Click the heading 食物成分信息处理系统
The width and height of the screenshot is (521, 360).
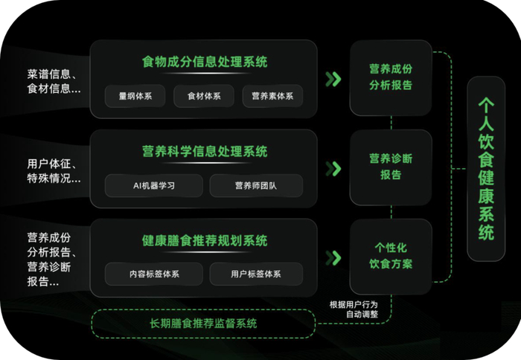coord(205,61)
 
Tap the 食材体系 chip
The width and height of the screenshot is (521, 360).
coord(200,96)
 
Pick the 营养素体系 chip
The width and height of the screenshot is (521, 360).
coord(272,96)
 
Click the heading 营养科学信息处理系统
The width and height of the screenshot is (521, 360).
coord(205,152)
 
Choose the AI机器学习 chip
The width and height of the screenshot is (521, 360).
coord(153,185)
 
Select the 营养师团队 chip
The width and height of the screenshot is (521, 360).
coord(256,185)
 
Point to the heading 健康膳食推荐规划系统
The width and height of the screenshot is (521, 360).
coord(205,241)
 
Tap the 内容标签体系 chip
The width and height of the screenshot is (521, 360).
coord(153,274)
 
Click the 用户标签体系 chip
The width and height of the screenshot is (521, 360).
coord(256,274)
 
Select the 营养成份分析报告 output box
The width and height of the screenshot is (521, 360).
coord(390,77)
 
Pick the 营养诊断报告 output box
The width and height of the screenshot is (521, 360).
coord(390,167)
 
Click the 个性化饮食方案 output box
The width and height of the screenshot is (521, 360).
coord(390,256)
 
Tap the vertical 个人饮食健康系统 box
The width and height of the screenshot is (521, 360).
coord(487,169)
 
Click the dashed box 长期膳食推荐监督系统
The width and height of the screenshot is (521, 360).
coord(202,324)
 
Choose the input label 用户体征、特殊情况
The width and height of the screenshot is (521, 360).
coord(54,171)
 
